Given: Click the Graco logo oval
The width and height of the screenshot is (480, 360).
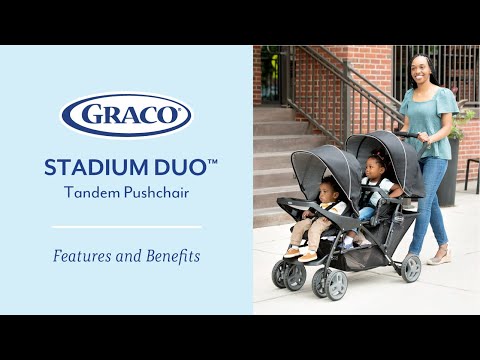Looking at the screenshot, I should pos(126,115).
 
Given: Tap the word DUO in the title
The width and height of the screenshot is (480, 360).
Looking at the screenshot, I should pos(180,167).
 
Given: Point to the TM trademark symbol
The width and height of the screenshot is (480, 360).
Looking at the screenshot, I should pos(212,161).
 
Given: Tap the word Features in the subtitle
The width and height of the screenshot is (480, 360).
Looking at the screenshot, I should pos(82,257).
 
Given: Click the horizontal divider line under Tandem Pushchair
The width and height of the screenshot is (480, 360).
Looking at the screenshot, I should pos(126,227).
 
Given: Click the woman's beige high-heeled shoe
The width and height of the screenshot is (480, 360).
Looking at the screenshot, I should pos(440,257).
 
